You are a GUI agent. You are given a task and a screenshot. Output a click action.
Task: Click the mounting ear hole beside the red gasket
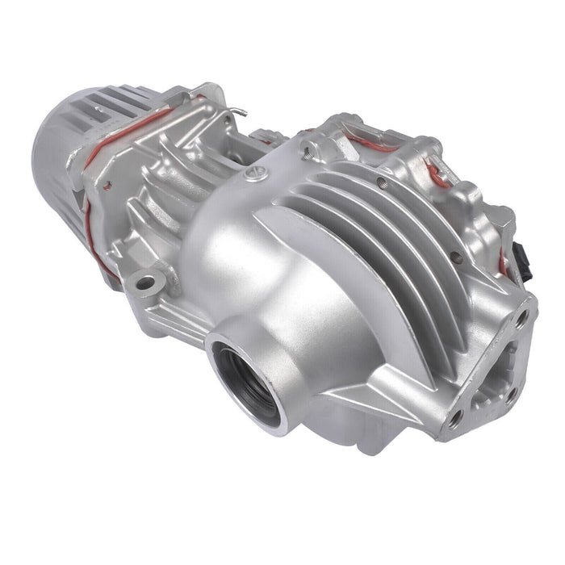[x=146, y=284]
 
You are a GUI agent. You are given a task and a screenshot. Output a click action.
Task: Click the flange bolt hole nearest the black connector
[x=522, y=320]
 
